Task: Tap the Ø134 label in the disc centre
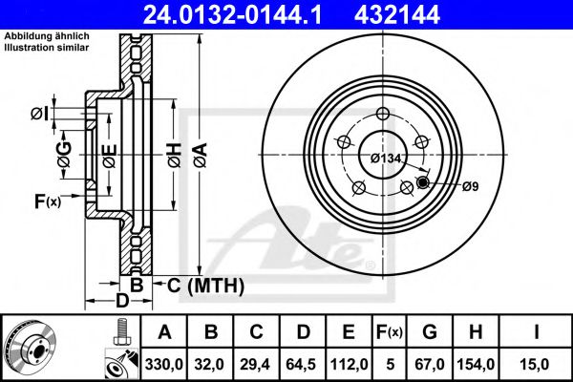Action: coord(385,158)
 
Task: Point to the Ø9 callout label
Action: coord(469,186)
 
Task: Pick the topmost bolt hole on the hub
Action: coord(383,116)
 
